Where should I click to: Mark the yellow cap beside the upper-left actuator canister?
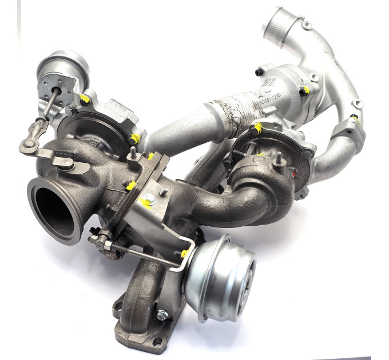[x=86, y=99]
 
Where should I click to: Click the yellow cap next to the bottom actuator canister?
[x=185, y=252]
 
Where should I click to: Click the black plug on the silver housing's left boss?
[x=259, y=72]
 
